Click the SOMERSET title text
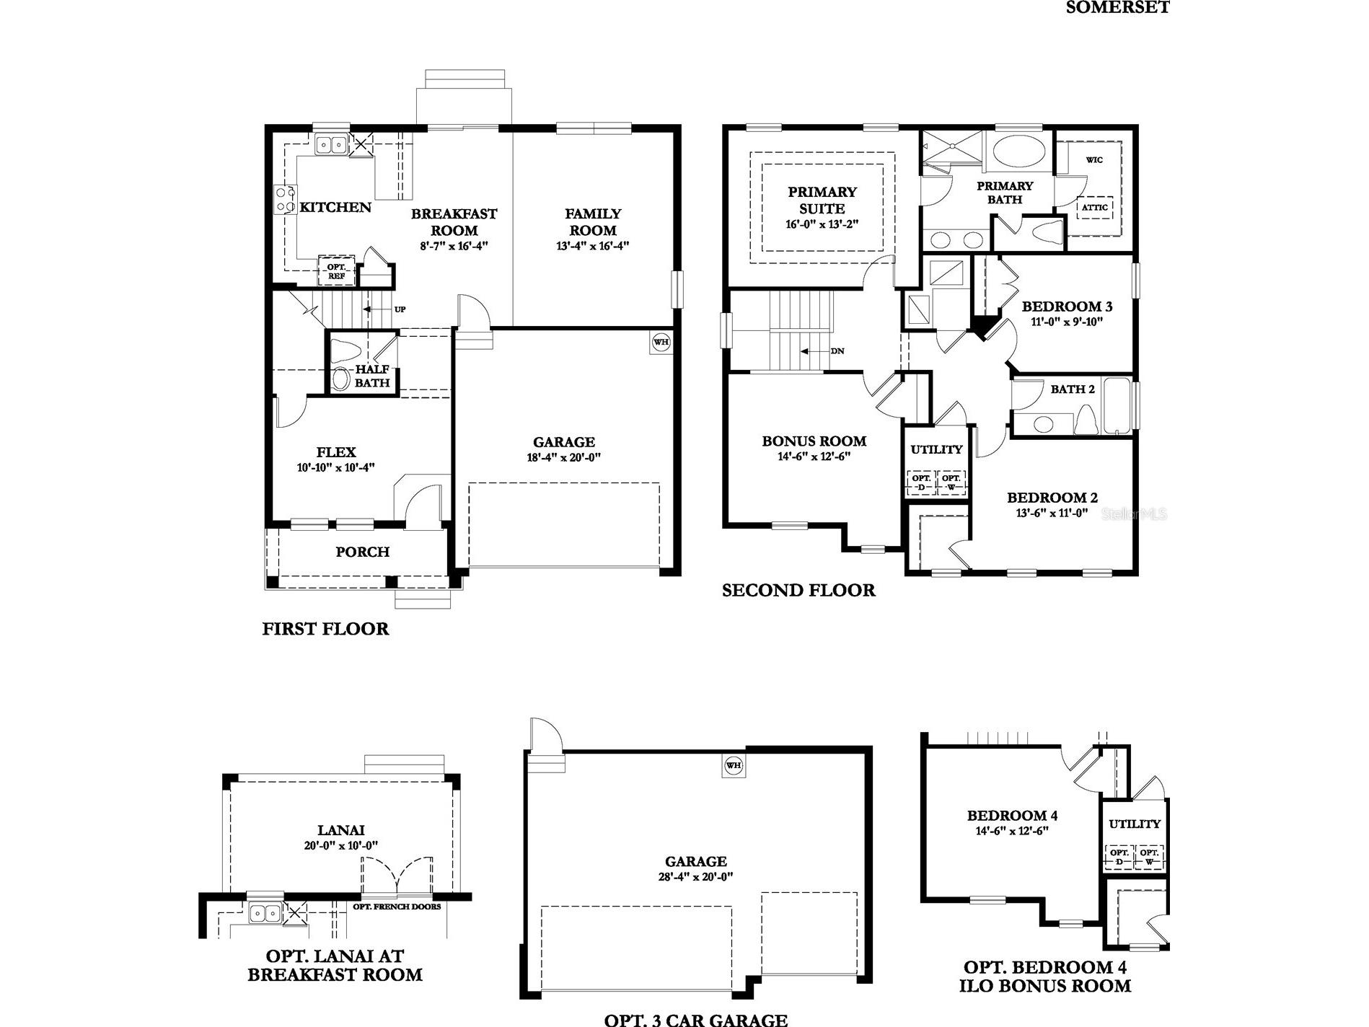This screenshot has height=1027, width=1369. coord(1117,8)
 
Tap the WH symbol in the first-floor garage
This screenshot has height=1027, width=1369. coord(661,342)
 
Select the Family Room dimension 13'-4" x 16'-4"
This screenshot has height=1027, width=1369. coord(593,246)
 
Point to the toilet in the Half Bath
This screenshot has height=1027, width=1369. coord(345,353)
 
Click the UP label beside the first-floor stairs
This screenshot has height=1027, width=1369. coord(400,309)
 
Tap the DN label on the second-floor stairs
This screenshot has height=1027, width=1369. coord(837,351)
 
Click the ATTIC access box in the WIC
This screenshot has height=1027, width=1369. coord(1094,208)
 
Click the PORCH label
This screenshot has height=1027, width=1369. coord(362,552)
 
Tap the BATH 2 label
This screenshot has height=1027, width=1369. coord(1073,389)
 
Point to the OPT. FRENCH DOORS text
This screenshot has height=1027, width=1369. coord(397,907)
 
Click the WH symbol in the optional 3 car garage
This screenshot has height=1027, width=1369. coord(734,766)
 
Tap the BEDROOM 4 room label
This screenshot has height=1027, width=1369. coord(1012,816)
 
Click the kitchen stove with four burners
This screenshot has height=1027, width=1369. coord(285,200)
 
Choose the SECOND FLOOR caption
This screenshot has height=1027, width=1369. coord(798,591)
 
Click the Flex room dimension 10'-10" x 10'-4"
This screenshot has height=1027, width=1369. coord(335,467)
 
